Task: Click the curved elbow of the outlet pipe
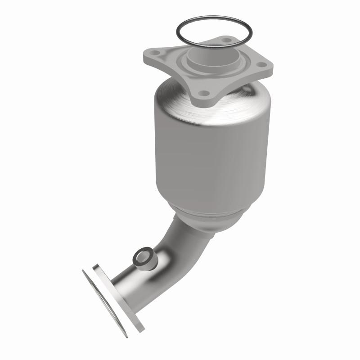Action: pyautogui.click(x=178, y=243)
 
